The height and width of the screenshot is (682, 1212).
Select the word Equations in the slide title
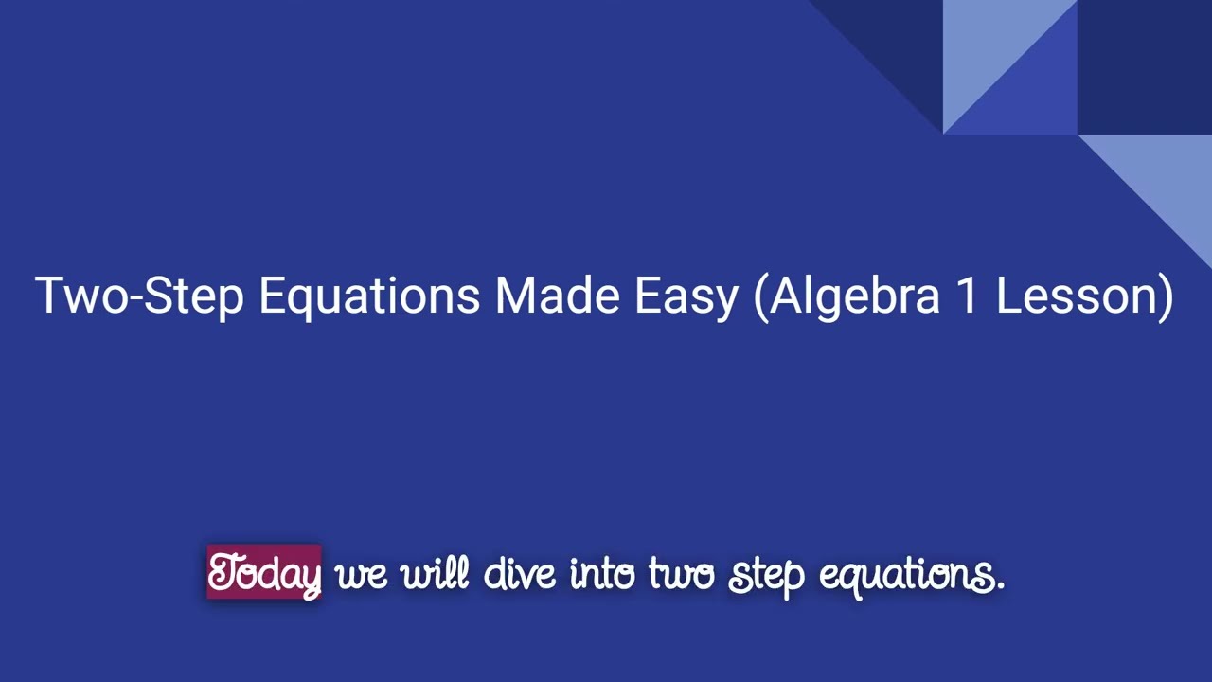pyautogui.click(x=368, y=296)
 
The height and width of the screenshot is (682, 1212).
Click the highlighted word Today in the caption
pyautogui.click(x=264, y=573)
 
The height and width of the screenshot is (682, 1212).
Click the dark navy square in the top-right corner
pyautogui.click(x=1144, y=66)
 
